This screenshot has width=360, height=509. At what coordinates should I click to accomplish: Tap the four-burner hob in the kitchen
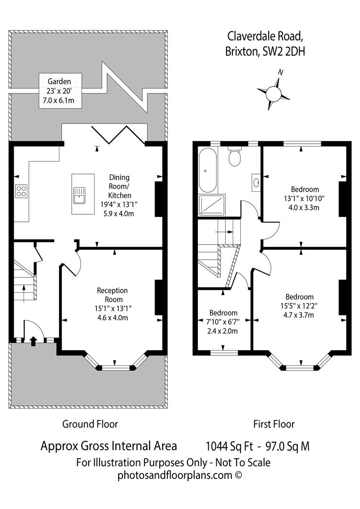[x=21, y=191]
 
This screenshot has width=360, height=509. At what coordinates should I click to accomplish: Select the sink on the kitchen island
[x=79, y=194]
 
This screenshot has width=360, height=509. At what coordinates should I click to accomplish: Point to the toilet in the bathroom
[x=235, y=157]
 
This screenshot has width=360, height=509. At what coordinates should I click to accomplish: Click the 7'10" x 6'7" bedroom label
[x=223, y=322]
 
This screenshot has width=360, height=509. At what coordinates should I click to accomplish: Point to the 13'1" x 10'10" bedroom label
[x=304, y=198]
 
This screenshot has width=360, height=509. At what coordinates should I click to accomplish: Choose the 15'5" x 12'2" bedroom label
[x=299, y=306]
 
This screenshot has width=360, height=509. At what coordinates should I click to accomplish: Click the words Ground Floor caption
[x=90, y=424]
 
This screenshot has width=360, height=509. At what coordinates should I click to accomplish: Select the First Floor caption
[x=274, y=424]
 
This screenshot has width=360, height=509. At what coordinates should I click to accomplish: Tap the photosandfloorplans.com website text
[x=180, y=475]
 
